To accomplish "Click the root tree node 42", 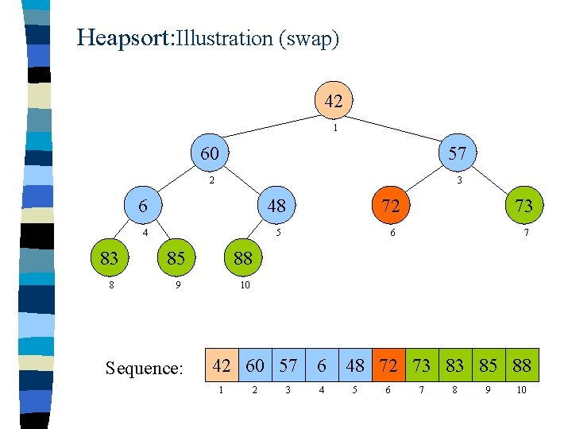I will [334, 101].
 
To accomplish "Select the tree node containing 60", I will [210, 153].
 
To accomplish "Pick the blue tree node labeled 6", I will [143, 206].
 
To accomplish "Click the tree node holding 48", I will [276, 206].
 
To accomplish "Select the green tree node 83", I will [110, 257].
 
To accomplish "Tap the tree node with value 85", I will [176, 257].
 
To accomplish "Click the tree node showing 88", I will [243, 257].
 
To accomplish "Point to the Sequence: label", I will [145, 368].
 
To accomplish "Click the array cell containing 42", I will [222, 365].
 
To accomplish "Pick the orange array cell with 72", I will [388, 365].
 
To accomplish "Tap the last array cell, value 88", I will [522, 365].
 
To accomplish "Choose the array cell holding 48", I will [355, 365].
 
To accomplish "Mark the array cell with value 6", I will [322, 365].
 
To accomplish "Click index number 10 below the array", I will [522, 390].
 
